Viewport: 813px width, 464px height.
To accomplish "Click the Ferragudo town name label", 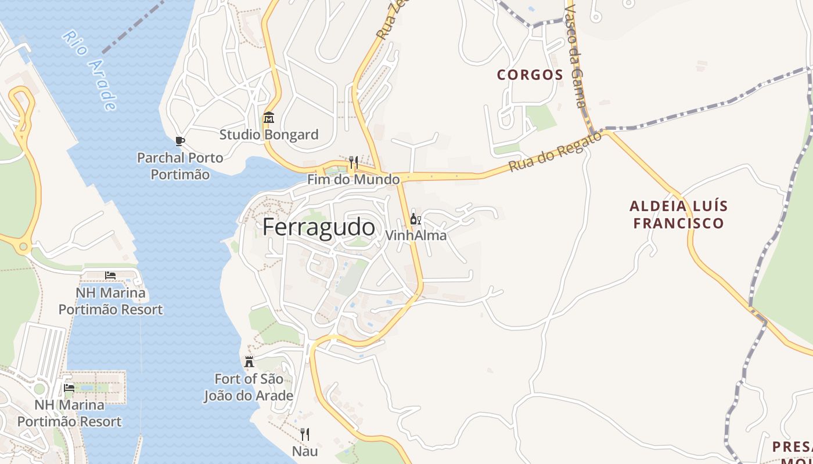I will coord(319,227).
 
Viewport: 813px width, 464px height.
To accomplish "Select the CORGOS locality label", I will coord(530,75).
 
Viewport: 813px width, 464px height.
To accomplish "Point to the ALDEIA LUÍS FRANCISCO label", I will coord(679,215).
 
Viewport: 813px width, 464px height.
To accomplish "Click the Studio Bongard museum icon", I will coord(268,118).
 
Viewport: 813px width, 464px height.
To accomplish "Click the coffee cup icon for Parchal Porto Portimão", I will coord(180,141).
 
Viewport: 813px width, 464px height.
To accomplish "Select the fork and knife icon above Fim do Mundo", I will coord(353,162).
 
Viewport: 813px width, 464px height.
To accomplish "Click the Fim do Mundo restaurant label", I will coord(354,179).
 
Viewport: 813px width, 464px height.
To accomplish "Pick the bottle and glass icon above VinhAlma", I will coord(416,219).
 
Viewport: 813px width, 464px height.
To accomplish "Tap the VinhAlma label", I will coord(416,235).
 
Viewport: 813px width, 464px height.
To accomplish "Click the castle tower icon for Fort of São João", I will coord(249,362).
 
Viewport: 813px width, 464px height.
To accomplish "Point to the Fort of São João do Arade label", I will coord(249,387).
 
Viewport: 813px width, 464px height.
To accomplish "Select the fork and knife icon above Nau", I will coord(305,434).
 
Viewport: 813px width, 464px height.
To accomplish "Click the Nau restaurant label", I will coord(305,451).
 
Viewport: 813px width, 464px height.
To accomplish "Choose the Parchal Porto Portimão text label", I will coord(180,166).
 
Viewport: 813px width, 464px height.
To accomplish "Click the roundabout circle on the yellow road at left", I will coord(23,247).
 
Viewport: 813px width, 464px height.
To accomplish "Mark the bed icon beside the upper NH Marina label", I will coord(110,275).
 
